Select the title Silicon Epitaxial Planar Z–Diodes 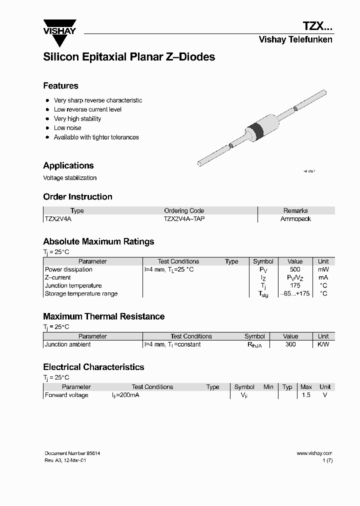129,57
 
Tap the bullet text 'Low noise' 67,128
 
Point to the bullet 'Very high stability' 77,118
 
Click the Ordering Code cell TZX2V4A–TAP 184,219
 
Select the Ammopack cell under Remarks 295,219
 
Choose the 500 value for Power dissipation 295,269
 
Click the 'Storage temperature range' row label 81,293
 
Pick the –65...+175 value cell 295,293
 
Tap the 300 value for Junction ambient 290,344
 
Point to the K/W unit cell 323,344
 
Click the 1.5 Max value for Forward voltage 306,395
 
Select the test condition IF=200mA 125,395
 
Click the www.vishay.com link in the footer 314,453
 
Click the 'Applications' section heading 68,165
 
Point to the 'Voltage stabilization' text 70,178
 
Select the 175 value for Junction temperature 295,285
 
